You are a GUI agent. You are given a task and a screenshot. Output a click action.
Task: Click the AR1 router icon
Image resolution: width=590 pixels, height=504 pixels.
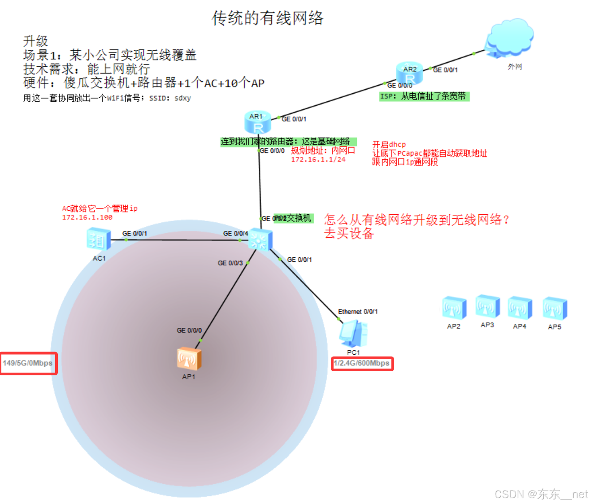[258, 122]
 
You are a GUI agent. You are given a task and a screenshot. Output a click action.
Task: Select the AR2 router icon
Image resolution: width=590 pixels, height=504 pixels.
[409, 74]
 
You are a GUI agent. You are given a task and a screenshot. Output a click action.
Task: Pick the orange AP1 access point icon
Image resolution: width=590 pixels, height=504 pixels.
[189, 359]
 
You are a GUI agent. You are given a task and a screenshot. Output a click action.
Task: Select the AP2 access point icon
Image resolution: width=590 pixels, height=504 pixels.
[454, 308]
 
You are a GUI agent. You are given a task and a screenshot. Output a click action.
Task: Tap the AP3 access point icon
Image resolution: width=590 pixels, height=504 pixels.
[487, 307]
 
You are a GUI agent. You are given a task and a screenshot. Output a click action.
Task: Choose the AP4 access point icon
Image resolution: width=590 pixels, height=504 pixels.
[520, 308]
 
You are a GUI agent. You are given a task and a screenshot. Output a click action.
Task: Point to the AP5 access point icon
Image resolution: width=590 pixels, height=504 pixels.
[555, 308]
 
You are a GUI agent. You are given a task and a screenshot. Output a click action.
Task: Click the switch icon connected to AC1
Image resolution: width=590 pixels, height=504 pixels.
[260, 239]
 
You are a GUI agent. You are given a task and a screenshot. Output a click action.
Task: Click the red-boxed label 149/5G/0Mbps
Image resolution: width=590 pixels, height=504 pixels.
[28, 363]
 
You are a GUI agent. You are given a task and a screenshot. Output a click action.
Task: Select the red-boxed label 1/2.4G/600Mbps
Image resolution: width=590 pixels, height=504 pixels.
[362, 363]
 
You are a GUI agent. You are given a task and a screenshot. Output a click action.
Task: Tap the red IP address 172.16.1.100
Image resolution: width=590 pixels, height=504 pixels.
[87, 217]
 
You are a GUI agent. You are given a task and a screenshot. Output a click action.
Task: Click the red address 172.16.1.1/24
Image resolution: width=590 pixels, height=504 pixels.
[318, 160]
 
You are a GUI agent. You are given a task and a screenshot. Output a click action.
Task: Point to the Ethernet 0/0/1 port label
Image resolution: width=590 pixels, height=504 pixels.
[358, 312]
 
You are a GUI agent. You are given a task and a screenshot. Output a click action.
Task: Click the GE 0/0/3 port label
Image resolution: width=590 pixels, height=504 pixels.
[230, 263]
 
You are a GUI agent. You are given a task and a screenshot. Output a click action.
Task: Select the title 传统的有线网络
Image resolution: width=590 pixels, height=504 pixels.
[268, 18]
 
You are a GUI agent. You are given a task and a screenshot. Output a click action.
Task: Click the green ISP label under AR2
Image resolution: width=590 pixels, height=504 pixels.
[424, 96]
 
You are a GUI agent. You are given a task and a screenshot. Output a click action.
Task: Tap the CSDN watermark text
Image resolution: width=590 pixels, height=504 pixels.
[541, 494]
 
